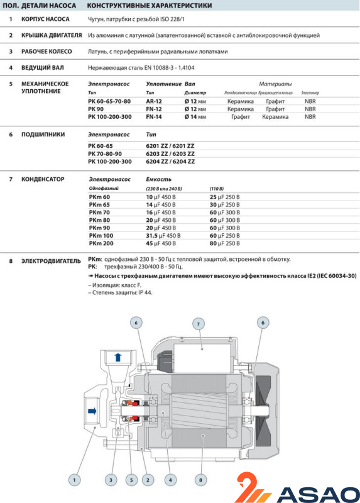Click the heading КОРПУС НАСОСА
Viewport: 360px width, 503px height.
(x=45, y=19)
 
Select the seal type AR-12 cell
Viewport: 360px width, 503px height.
(x=154, y=101)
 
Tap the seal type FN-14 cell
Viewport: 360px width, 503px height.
(x=154, y=117)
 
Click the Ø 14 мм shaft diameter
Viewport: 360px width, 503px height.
(x=195, y=117)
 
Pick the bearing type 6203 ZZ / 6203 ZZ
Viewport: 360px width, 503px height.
(x=170, y=153)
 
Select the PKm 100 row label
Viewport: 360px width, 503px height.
(x=101, y=235)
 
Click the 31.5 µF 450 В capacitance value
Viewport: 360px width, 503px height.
(x=163, y=235)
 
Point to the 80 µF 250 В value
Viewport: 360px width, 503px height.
(x=225, y=243)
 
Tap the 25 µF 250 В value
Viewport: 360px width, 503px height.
(x=225, y=197)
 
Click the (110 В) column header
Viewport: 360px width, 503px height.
(x=217, y=189)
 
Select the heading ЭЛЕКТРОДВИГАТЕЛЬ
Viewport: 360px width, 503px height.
(x=51, y=261)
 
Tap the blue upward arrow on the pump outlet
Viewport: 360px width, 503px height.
(x=118, y=357)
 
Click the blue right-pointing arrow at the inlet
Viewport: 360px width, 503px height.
(x=92, y=411)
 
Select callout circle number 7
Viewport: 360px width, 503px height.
(x=199, y=324)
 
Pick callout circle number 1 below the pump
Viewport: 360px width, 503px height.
(x=74, y=480)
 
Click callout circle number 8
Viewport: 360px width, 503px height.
(x=200, y=480)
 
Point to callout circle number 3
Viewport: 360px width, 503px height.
(x=111, y=480)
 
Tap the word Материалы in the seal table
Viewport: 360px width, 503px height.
(x=275, y=84)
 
